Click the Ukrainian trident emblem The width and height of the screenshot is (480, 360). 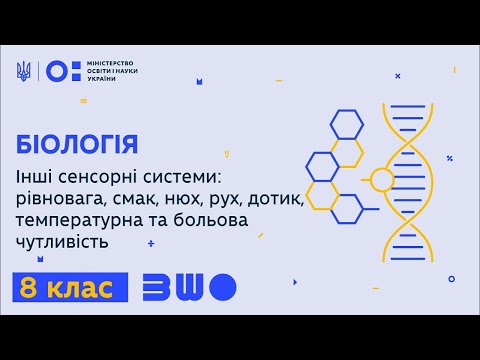tap(24, 72)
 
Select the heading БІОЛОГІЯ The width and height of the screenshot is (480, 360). tap(77, 142)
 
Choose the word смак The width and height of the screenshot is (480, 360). tap(146, 198)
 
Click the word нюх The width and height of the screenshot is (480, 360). tap(197, 198)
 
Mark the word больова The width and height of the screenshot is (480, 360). tap(239, 220)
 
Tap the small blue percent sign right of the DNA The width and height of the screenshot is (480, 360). tap(451, 158)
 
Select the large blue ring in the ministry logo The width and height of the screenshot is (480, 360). tap(58, 72)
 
